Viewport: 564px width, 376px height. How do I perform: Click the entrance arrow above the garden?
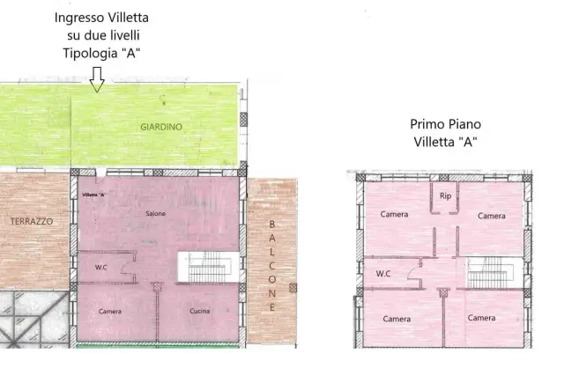coord(97,79)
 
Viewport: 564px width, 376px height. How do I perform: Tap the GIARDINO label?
coord(161,127)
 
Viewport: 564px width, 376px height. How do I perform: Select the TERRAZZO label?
coord(32,221)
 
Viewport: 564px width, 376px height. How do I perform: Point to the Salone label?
coord(155,213)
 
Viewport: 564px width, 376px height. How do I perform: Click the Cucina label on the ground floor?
coord(200,311)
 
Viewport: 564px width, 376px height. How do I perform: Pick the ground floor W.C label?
coord(101,268)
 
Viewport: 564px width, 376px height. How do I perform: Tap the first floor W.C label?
coord(383,274)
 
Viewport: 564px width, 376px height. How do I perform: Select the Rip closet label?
coord(445,195)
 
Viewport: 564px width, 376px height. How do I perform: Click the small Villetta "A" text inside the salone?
coord(94,195)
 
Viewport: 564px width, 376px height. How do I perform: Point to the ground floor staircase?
coord(208,267)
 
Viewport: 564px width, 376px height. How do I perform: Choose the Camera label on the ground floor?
coord(109,312)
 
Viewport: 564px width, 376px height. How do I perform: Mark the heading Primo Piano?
coord(445,124)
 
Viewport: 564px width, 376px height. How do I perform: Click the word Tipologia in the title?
coord(90,53)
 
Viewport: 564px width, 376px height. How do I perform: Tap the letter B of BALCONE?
coord(272,225)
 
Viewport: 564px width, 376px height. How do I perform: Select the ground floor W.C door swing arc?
coord(125,267)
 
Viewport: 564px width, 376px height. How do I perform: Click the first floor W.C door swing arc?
coord(413,272)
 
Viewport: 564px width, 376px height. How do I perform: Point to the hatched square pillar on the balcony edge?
coord(293,288)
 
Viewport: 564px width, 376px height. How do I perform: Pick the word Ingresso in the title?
coord(78,18)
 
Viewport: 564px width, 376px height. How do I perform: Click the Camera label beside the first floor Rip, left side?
coord(394,215)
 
